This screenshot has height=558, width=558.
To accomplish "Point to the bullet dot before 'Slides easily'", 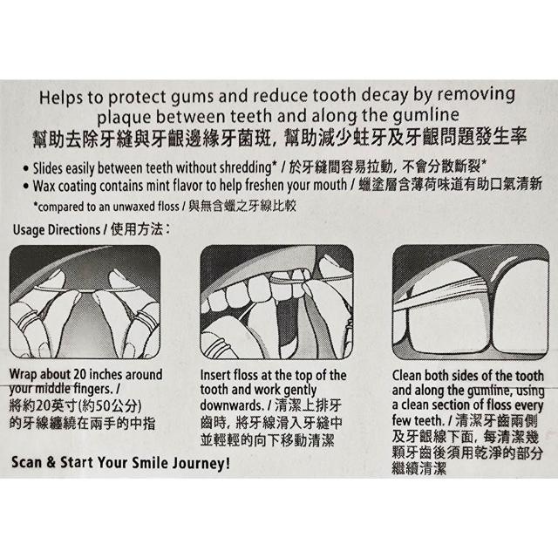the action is pos(25,168).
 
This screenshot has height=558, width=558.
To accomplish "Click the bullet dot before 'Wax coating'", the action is pos(25,186).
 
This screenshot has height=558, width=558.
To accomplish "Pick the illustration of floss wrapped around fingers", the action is pos(85,302).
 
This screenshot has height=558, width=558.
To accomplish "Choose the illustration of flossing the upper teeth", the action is pos(276,302).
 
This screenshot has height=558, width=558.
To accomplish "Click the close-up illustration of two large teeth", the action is pos(471,302).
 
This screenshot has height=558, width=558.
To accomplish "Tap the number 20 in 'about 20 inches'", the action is pos(80,375).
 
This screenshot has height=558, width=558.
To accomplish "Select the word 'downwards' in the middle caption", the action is pos(232,405).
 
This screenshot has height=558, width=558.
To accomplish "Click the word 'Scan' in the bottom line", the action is pos(27,463).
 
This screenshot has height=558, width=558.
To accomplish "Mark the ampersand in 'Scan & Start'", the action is pos(51,463).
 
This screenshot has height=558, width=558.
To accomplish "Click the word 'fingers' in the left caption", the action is pos(93,390).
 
